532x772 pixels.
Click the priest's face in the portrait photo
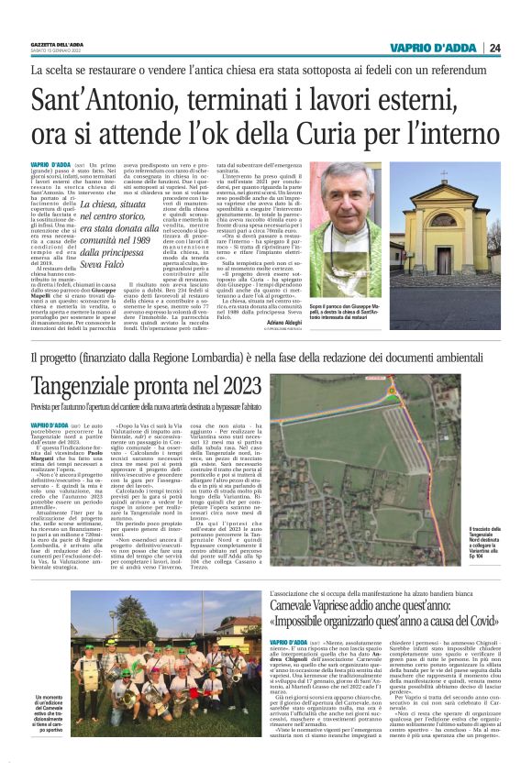[x=357, y=201]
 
